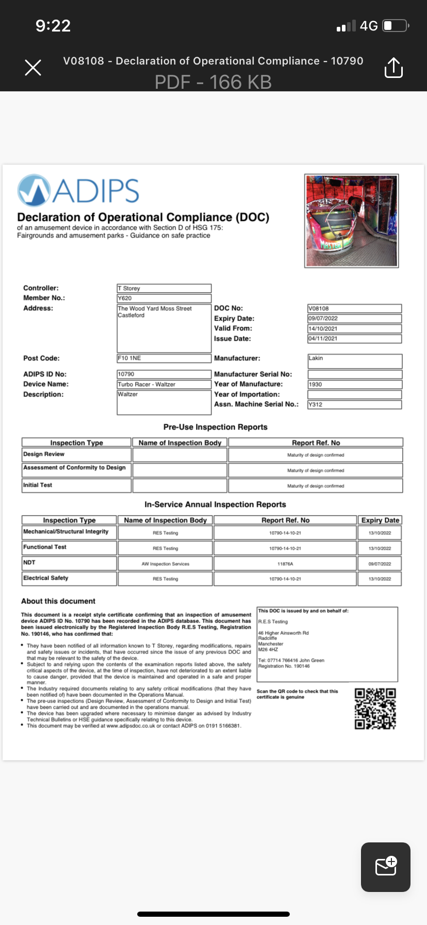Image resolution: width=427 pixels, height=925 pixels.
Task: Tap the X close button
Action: click(33, 67)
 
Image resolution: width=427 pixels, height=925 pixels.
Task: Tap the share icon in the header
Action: click(393, 68)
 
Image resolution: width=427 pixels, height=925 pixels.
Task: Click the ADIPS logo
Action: click(78, 190)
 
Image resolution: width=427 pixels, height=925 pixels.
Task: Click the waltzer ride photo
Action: click(351, 220)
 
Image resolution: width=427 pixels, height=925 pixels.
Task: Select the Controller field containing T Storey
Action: click(164, 289)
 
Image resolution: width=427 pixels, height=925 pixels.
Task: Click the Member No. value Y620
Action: click(164, 298)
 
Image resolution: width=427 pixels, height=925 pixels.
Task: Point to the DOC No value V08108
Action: click(354, 309)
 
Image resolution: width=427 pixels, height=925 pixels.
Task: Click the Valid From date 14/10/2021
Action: click(354, 329)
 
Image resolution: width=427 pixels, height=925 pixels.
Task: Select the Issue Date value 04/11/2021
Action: click(354, 339)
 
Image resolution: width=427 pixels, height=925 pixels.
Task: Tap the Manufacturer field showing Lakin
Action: click(354, 360)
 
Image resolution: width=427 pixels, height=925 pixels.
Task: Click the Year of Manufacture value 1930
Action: click(354, 385)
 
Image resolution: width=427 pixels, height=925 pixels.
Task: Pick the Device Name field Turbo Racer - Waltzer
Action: click(164, 385)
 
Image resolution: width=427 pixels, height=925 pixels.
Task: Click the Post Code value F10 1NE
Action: click(164, 358)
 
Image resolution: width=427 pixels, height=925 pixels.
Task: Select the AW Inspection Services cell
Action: click(166, 564)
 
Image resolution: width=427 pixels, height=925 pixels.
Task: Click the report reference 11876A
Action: click(285, 564)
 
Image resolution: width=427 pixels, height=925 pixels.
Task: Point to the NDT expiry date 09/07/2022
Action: click(380, 564)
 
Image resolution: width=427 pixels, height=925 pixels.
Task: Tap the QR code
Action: click(375, 708)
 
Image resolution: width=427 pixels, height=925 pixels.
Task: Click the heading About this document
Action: click(58, 601)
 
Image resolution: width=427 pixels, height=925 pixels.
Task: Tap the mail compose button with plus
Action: click(386, 867)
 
